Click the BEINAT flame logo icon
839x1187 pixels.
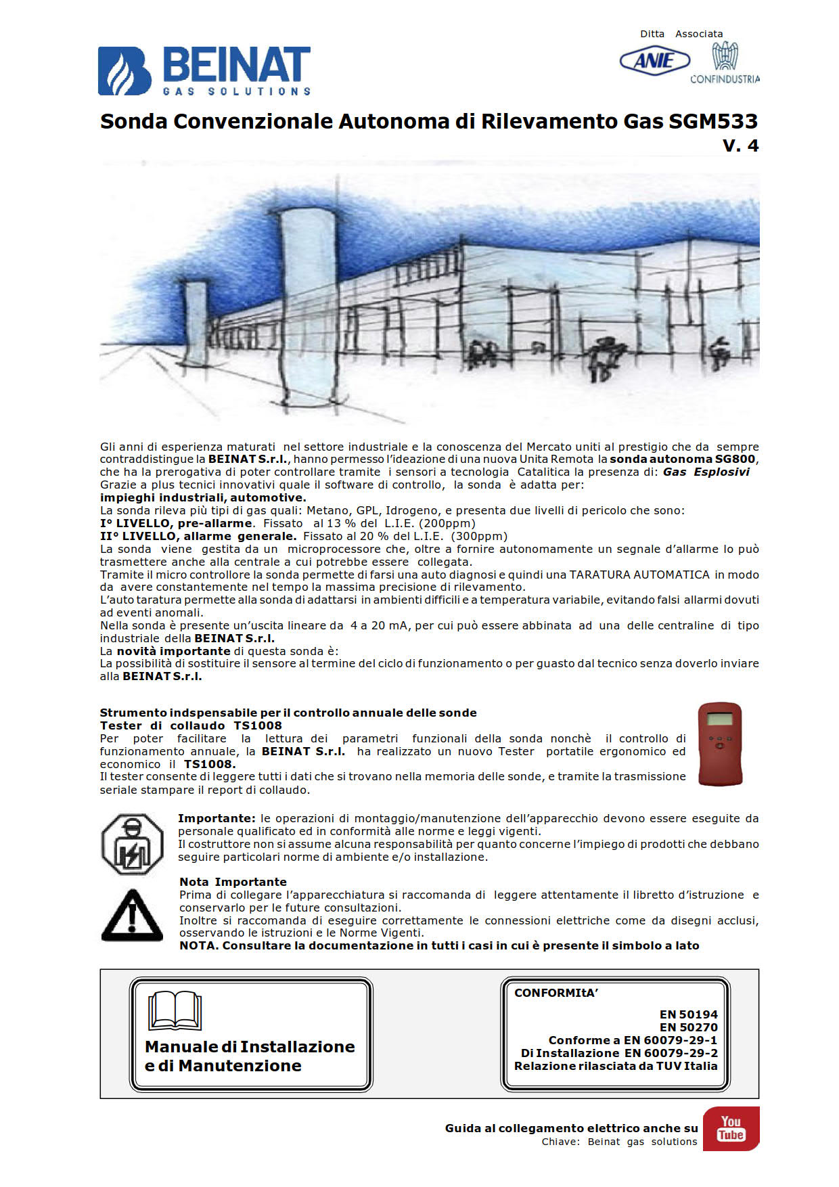click(124, 70)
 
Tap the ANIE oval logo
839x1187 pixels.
click(654, 62)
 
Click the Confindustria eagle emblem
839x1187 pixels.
click(725, 56)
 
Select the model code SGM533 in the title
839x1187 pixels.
click(713, 121)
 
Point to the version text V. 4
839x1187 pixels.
click(740, 145)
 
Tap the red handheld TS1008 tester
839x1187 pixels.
click(720, 744)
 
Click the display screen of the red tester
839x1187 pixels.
click(719, 719)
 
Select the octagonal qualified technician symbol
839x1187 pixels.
click(133, 845)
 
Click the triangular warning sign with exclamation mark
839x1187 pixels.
click(132, 915)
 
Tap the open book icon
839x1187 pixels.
click(175, 1011)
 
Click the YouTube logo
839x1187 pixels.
click(731, 1128)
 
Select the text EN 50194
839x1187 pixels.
click(688, 1014)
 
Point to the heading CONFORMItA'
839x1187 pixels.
click(556, 993)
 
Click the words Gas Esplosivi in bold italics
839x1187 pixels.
click(706, 472)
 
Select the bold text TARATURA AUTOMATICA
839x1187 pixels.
click(639, 575)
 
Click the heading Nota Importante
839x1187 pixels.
click(233, 882)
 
